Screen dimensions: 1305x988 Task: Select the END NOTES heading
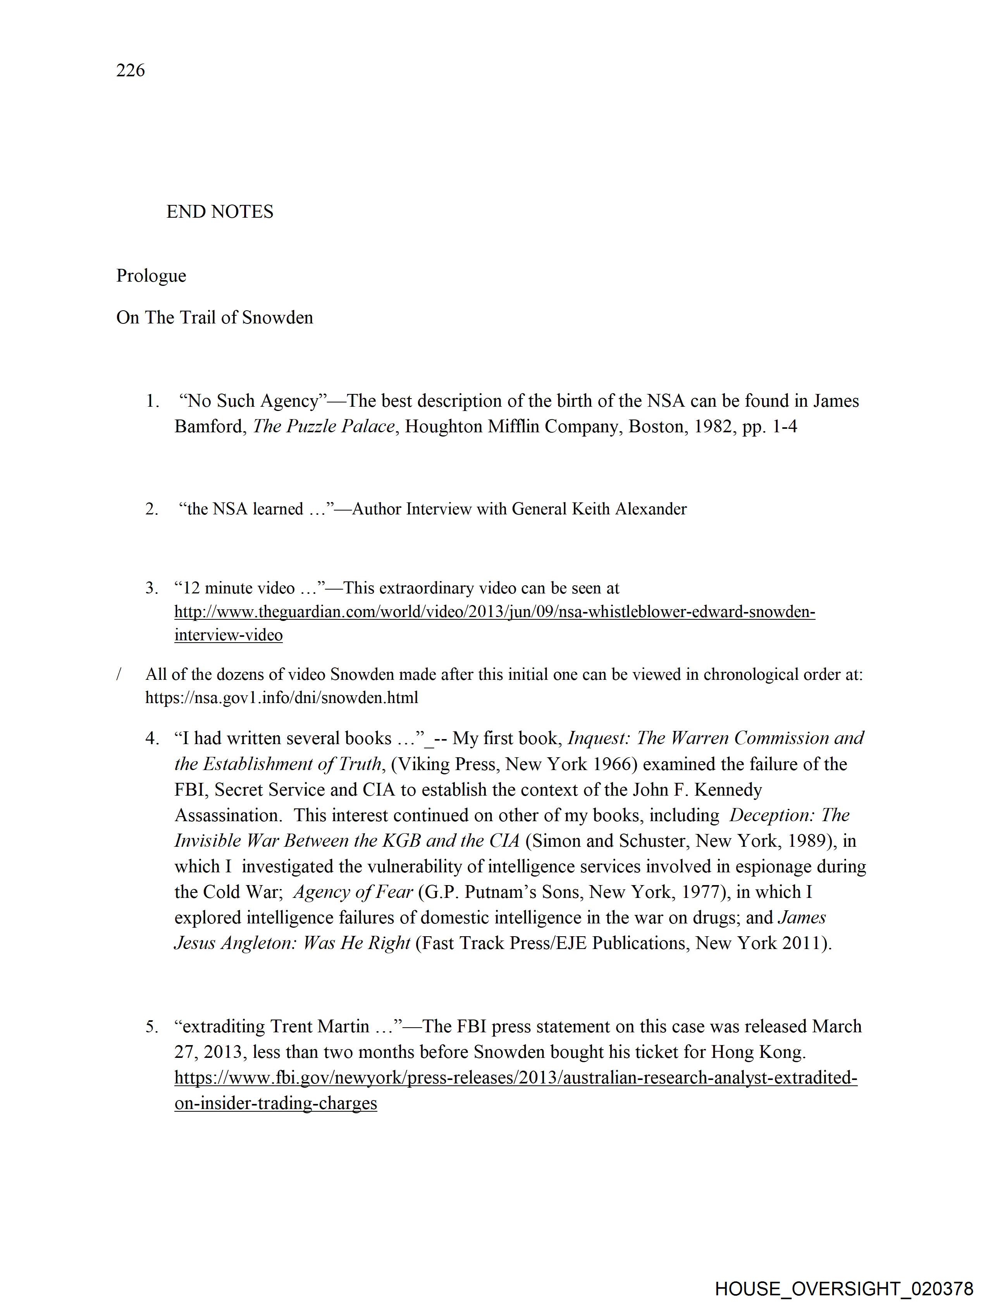(220, 212)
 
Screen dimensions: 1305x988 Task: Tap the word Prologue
(151, 275)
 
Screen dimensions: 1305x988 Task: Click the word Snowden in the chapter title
(277, 317)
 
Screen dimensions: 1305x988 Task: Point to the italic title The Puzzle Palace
(324, 426)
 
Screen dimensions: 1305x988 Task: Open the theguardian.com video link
(495, 612)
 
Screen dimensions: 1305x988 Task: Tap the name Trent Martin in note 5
(320, 1026)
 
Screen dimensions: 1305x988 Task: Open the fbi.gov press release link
(515, 1078)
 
